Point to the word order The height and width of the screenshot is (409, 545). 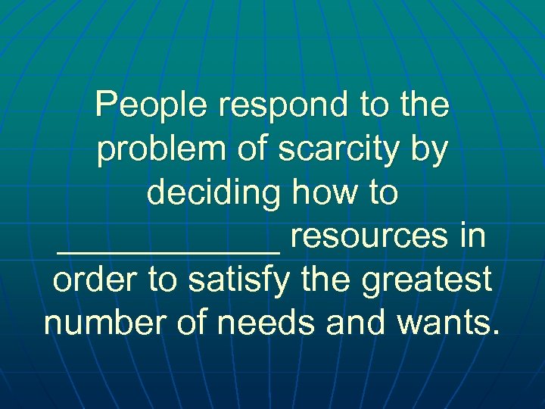click(x=95, y=280)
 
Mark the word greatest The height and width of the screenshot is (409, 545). click(x=430, y=282)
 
